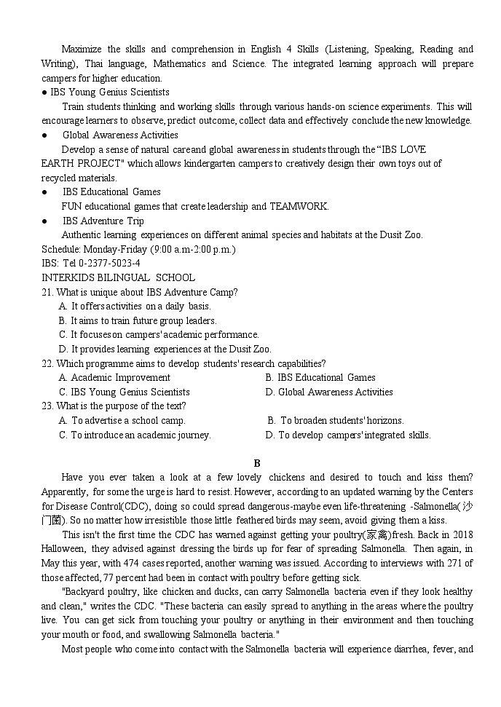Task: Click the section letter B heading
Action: [256, 463]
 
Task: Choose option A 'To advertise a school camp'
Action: [122, 420]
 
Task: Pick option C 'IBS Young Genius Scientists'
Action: [124, 392]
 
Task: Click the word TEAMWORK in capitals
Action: [299, 206]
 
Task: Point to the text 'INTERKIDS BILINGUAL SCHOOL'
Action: [118, 277]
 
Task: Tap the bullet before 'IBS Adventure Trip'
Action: [45, 221]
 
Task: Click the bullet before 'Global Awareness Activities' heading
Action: [45, 135]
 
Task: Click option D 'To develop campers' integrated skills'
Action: [348, 435]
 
